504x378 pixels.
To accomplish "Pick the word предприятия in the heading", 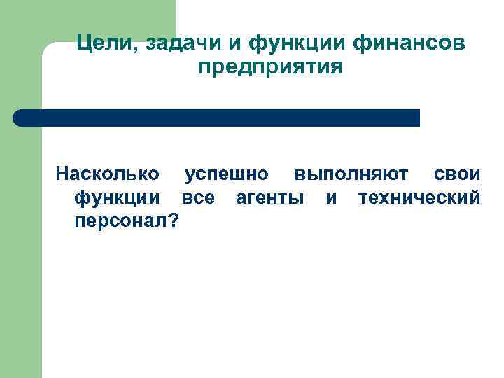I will click(270, 69).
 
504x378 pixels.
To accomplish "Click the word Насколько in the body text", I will click(107, 173).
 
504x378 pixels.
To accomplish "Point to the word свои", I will click(457, 173).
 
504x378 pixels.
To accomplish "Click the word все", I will click(198, 197).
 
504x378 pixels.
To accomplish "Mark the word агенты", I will click(269, 197).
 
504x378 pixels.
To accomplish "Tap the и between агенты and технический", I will click(331, 197).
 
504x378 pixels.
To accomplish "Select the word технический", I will click(419, 197).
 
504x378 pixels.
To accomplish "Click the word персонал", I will click(120, 221).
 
